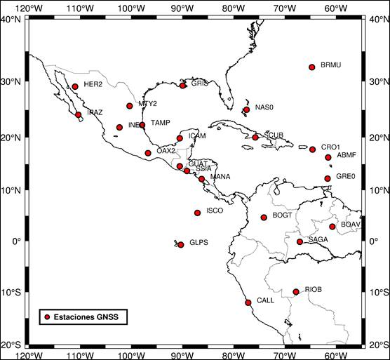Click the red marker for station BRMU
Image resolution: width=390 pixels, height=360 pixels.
click(x=312, y=67)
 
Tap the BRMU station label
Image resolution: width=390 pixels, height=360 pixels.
click(x=330, y=65)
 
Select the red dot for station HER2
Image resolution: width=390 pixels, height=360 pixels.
click(x=75, y=87)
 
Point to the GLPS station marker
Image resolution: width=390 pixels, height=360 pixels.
click(x=181, y=245)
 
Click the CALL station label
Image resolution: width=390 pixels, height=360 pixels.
click(x=265, y=300)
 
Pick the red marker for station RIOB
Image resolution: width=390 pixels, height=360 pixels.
click(x=296, y=292)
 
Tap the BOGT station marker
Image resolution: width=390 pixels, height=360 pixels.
click(x=264, y=218)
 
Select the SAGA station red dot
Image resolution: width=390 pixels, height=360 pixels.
click(x=300, y=242)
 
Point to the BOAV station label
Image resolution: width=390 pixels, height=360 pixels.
click(x=350, y=225)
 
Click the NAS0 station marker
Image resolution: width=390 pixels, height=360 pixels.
click(x=246, y=109)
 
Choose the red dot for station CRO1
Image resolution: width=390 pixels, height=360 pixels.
click(x=312, y=149)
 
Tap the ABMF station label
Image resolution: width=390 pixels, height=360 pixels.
click(x=347, y=155)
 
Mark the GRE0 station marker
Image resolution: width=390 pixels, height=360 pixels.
click(x=327, y=178)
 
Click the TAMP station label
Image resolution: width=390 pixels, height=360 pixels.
click(x=161, y=123)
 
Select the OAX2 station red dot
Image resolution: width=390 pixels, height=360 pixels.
click(x=148, y=153)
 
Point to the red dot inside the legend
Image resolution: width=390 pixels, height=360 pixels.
click(x=47, y=317)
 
